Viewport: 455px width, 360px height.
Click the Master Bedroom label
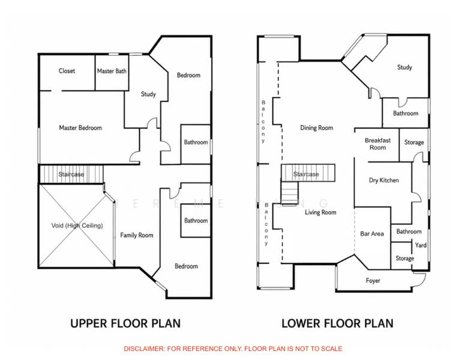pyautogui.click(x=80, y=128)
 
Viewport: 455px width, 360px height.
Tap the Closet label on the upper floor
pyautogui.click(x=67, y=71)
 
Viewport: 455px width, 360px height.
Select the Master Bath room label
pyautogui.click(x=112, y=71)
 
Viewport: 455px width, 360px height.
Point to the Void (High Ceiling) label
pyautogui.click(x=77, y=226)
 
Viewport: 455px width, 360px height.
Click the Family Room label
pyautogui.click(x=137, y=235)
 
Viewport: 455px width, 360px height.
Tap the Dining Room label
pyautogui.click(x=316, y=128)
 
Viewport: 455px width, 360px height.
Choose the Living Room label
pyautogui.click(x=321, y=212)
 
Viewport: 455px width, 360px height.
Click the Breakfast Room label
pyautogui.click(x=378, y=144)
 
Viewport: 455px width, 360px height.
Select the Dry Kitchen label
pyautogui.click(x=384, y=180)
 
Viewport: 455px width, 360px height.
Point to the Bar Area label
pyautogui.click(x=372, y=233)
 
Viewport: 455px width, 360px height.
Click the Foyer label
pyautogui.click(x=373, y=281)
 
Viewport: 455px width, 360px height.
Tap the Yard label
pyautogui.click(x=421, y=245)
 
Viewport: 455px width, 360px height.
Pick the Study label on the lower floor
pyautogui.click(x=405, y=67)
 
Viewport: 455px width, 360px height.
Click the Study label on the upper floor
pyautogui.click(x=148, y=94)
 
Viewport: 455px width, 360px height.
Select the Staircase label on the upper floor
pyautogui.click(x=71, y=175)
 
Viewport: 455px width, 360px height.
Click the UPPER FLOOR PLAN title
pyautogui.click(x=125, y=323)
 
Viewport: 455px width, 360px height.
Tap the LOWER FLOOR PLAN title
pyautogui.click(x=337, y=323)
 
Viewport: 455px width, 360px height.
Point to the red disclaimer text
pyautogui.click(x=233, y=349)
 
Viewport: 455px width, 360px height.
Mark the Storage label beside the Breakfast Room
pyautogui.click(x=414, y=142)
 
